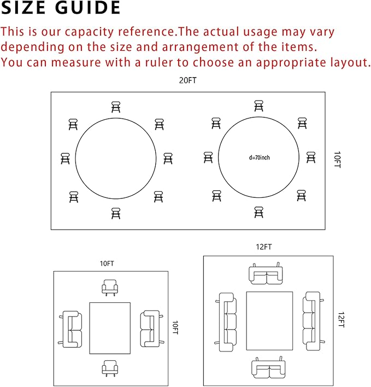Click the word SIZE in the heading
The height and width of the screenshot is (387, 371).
(23, 8)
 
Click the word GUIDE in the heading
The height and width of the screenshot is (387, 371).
(87, 8)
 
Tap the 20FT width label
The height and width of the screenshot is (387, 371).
(188, 80)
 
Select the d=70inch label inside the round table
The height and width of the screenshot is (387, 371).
(259, 157)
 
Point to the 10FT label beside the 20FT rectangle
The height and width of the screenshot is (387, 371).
(337, 160)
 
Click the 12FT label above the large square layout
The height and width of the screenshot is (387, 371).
(264, 247)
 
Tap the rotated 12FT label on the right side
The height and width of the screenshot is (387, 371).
(341, 320)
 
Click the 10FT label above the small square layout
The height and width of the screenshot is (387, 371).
(107, 263)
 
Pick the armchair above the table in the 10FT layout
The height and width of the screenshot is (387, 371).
(110, 288)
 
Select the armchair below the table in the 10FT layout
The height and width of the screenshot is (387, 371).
(110, 368)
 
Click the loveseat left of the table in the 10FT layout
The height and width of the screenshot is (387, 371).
(70, 329)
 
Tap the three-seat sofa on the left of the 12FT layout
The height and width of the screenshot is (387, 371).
(226, 322)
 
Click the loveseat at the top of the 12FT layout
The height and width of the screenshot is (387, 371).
(266, 273)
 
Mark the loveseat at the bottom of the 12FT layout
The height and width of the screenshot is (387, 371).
(269, 367)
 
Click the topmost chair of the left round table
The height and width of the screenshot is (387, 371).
(116, 107)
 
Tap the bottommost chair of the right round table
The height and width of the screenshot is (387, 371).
(259, 212)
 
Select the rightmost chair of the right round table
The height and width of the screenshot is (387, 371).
(311, 157)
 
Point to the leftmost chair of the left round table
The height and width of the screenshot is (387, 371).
(65, 159)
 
